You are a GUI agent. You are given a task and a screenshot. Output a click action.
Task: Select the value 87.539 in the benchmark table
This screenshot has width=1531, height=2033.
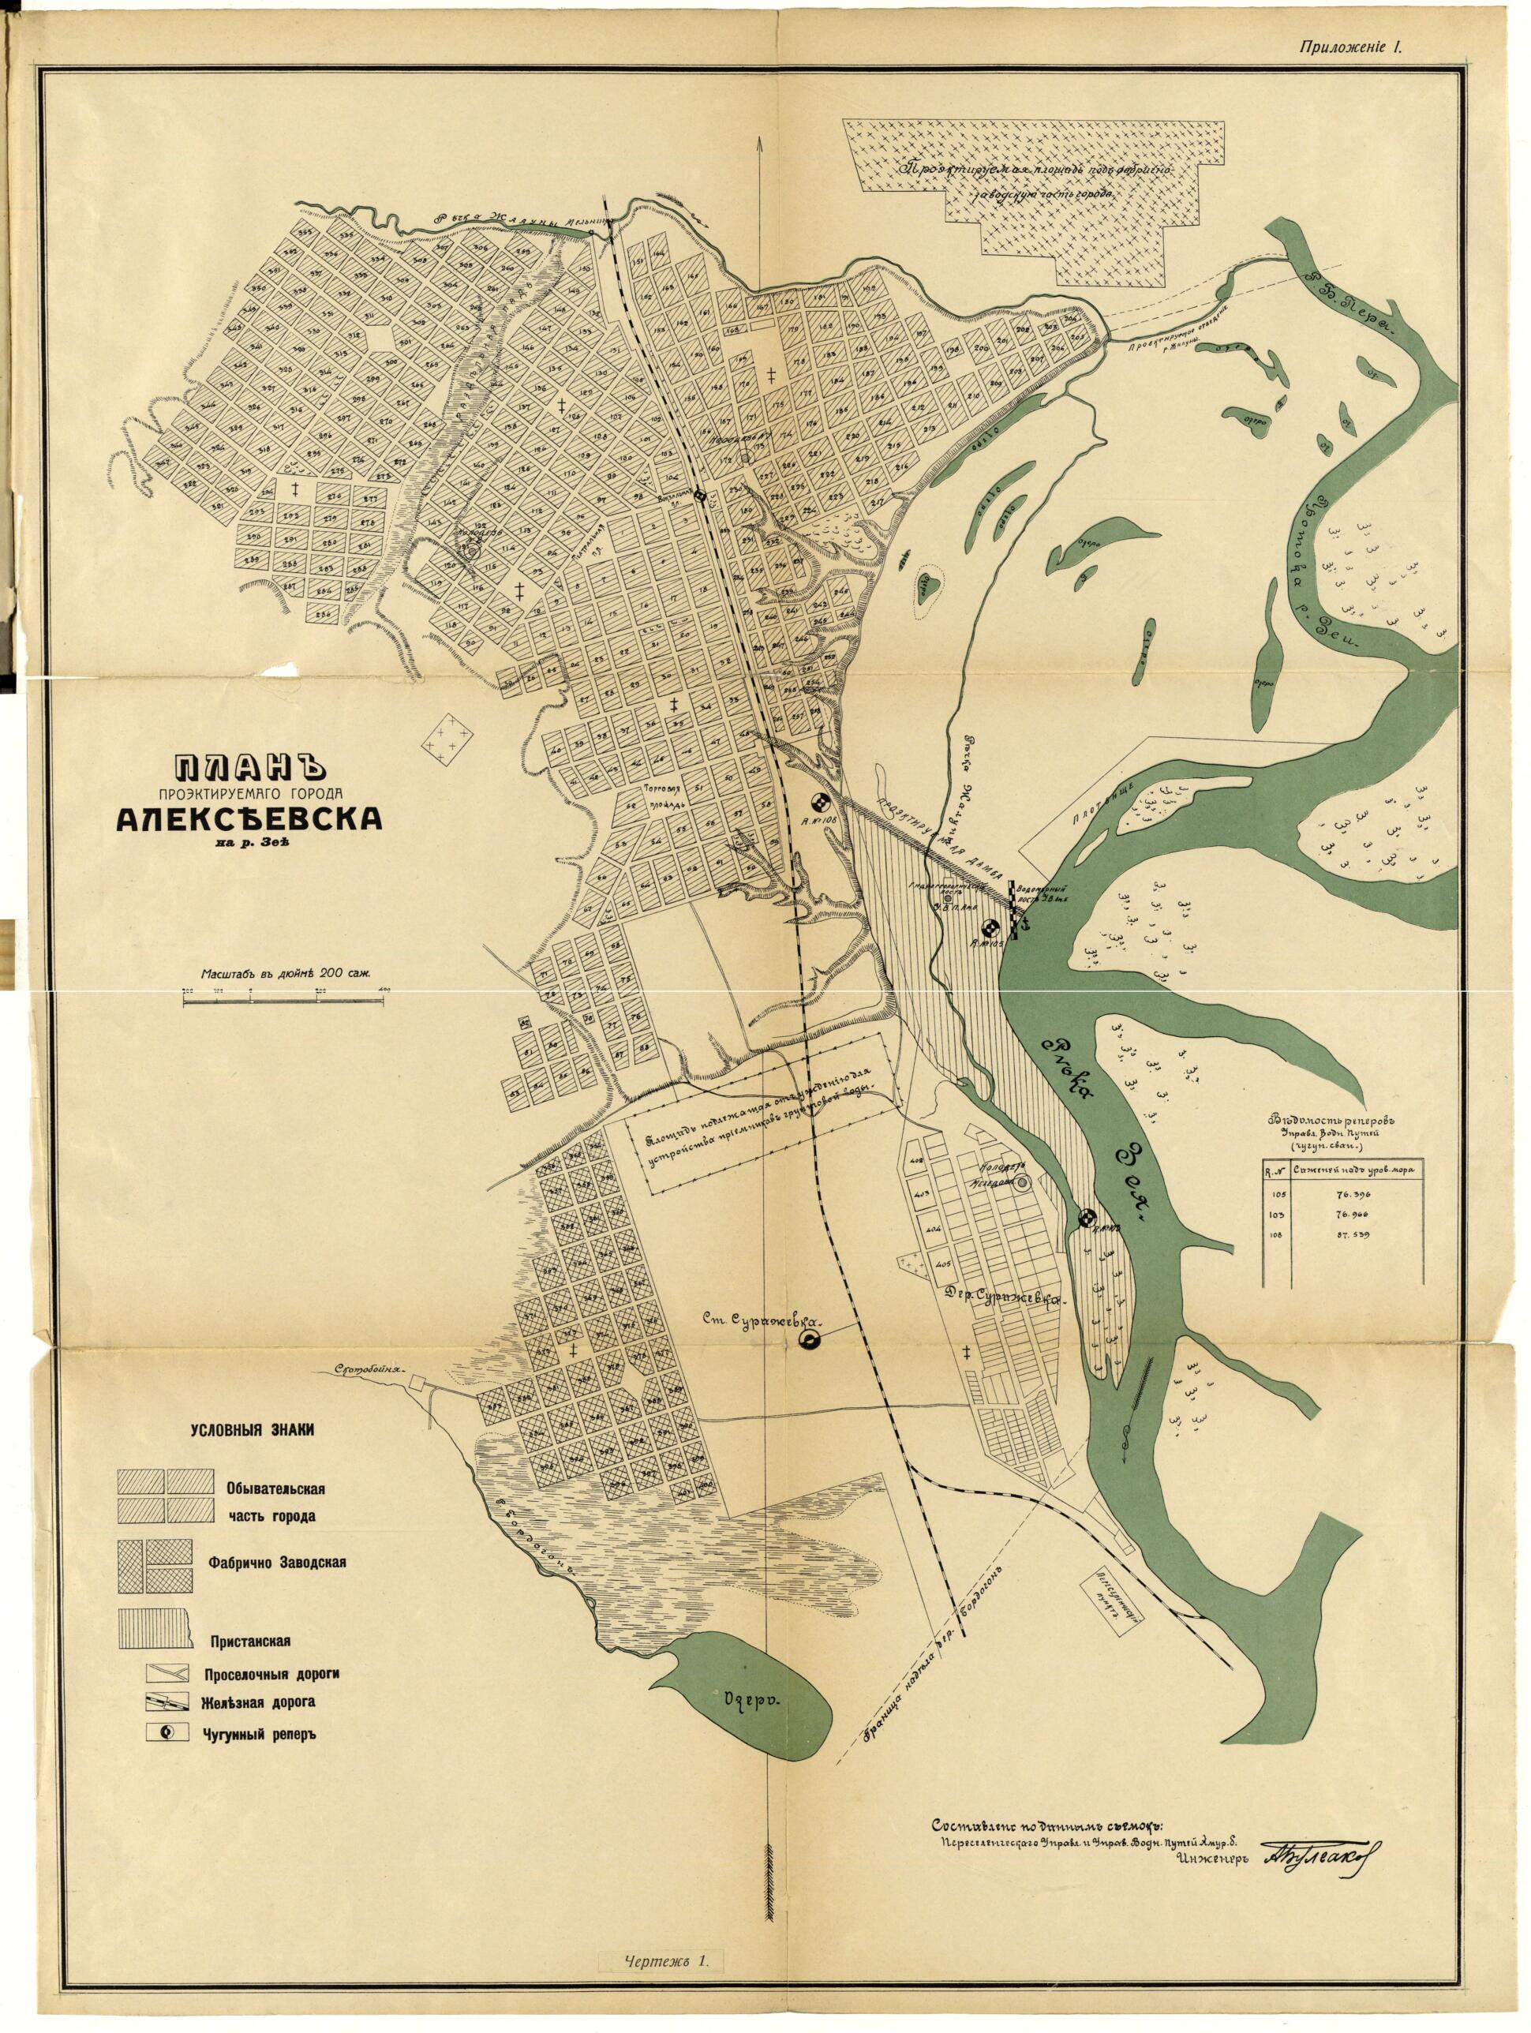pos(1347,1235)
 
